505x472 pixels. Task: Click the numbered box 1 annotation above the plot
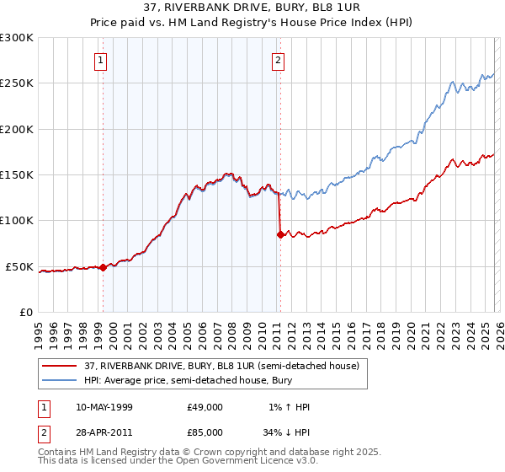pyautogui.click(x=100, y=60)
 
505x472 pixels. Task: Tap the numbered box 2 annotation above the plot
pyautogui.click(x=278, y=60)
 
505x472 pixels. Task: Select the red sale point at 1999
pyautogui.click(x=103, y=267)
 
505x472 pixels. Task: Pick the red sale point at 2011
pyautogui.click(x=280, y=234)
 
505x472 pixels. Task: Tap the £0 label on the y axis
pyautogui.click(x=25, y=313)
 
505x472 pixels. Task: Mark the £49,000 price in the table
pyautogui.click(x=205, y=407)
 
